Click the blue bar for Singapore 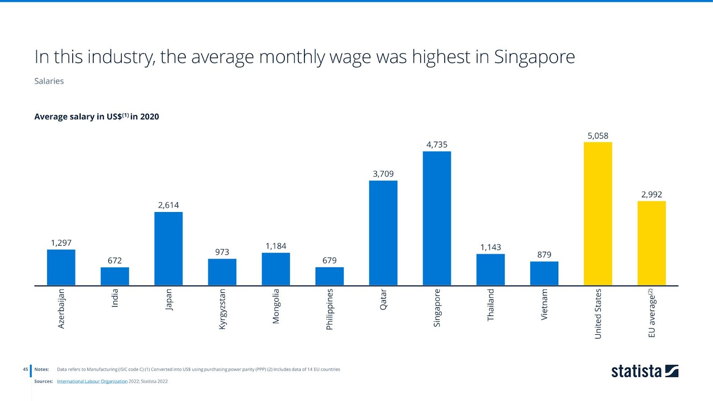coord(437,218)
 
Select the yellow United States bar coord(598,214)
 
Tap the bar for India coord(115,276)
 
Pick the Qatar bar coord(383,233)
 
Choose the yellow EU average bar coord(652,243)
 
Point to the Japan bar coord(168,248)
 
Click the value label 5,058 coord(598,136)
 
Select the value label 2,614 coord(168,205)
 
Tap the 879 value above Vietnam coord(544,255)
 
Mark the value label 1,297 coord(61,243)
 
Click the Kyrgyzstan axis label coord(222,309)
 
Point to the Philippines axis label coord(329,310)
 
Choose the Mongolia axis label coord(276,306)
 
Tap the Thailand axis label coord(491,305)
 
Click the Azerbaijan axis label coord(61,309)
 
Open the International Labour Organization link coord(92,381)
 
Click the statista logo coord(644,371)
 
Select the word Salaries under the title coord(49,81)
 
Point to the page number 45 coord(25,369)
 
